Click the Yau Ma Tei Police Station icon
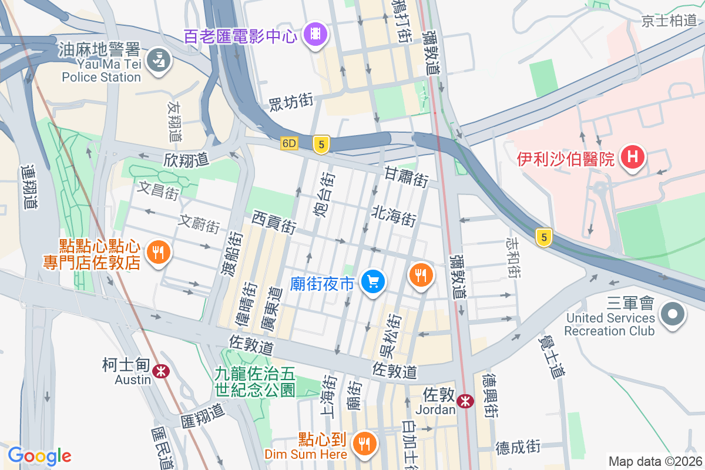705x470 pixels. tap(157, 60)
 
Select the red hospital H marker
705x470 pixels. tap(633, 157)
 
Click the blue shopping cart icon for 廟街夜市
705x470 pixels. tap(372, 283)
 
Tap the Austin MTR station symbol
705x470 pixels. tap(160, 371)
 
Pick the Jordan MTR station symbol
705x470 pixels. tap(465, 401)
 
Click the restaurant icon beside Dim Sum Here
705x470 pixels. tap(364, 442)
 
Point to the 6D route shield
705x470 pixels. tap(289, 143)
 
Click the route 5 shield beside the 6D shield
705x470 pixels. tap(320, 145)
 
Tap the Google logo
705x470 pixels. tap(39, 456)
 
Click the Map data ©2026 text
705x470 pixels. tap(654, 461)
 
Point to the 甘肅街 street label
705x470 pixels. tap(406, 177)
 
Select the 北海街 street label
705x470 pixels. tap(394, 216)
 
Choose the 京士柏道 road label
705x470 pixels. tap(669, 21)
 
